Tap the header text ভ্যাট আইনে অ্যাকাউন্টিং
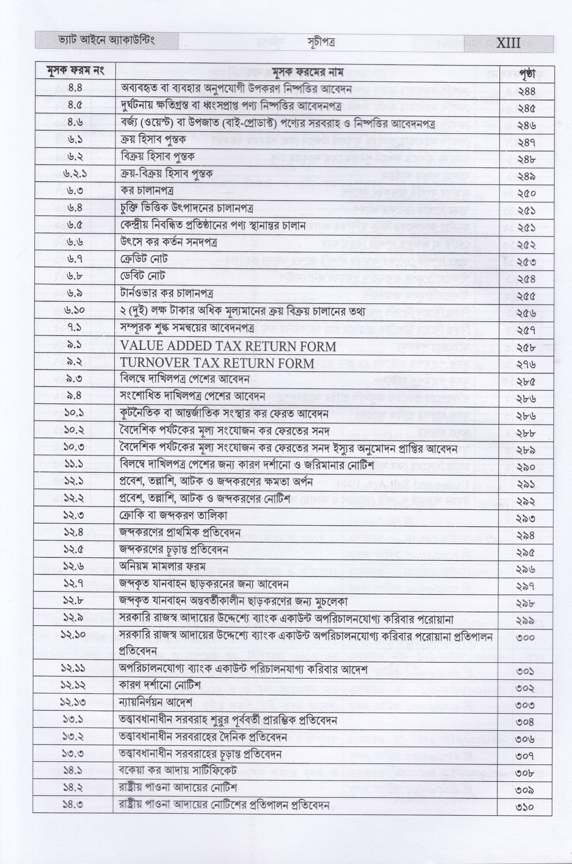(98, 41)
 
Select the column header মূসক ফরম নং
(75, 71)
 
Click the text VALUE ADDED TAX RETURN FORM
(228, 347)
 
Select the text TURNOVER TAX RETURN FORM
(218, 364)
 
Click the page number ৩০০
(524, 637)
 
